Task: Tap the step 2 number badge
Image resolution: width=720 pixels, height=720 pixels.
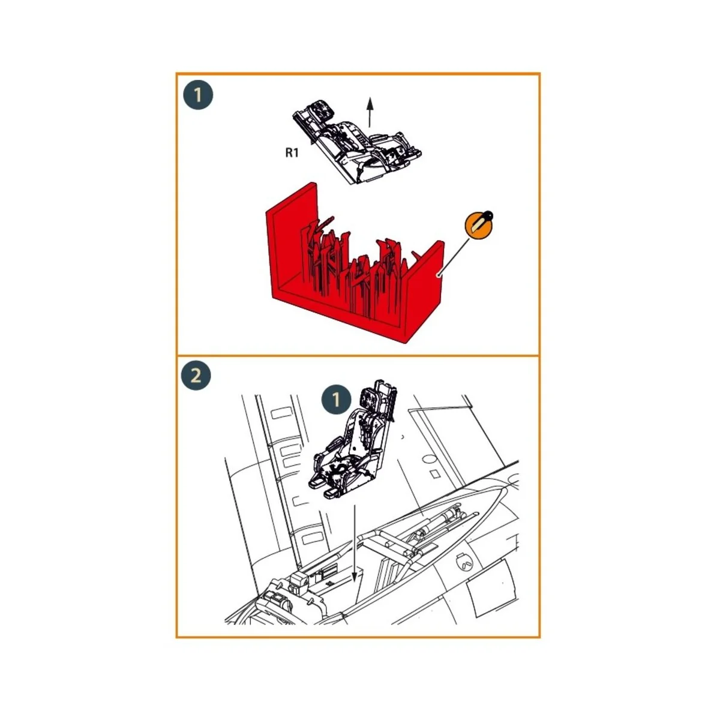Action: [x=196, y=377]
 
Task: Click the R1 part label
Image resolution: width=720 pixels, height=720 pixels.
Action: [x=292, y=152]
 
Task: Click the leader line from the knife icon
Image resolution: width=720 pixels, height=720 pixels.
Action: [x=456, y=254]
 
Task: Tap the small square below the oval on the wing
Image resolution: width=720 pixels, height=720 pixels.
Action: [x=436, y=474]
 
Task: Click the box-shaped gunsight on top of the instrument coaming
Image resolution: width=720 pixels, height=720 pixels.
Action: [x=298, y=580]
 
